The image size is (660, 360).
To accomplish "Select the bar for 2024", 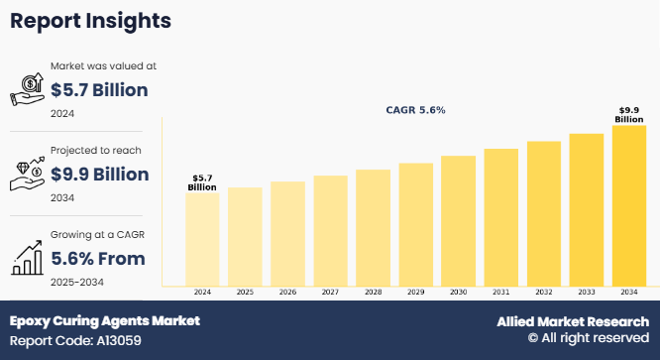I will (202, 239).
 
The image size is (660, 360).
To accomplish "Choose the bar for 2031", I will (500, 217).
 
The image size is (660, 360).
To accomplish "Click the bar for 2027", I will (330, 230).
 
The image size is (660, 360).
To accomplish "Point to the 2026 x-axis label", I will (287, 293).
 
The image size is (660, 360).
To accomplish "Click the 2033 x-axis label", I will (586, 293).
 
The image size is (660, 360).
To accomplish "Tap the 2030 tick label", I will (458, 293).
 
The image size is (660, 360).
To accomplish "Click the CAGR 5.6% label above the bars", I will (415, 110).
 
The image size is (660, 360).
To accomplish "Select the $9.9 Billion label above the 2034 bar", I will (628, 114).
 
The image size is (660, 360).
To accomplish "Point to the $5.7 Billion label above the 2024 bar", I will (202, 181).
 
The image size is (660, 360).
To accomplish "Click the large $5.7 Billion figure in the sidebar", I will (98, 91).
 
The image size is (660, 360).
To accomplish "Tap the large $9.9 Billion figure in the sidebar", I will (98, 175).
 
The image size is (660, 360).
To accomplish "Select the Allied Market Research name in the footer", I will (572, 322).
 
